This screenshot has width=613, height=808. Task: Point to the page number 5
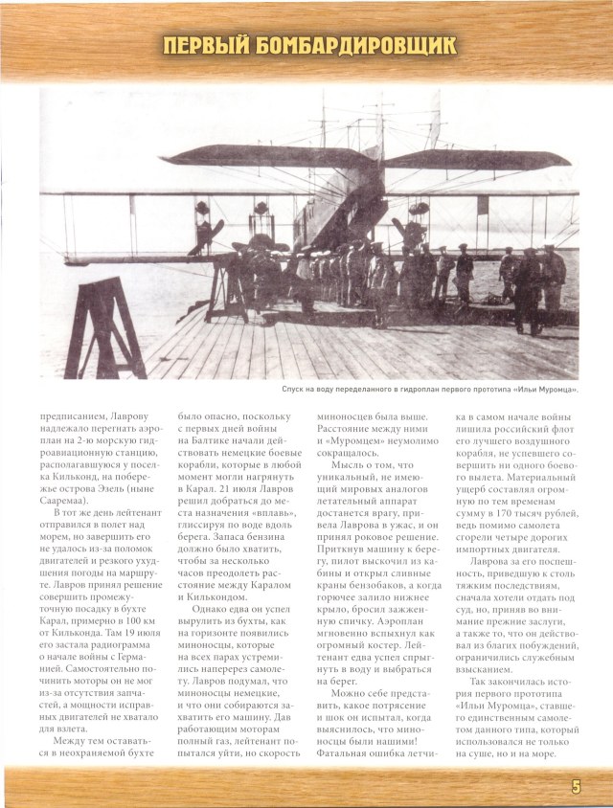click(576, 786)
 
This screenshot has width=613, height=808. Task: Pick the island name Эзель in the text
click(115, 486)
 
